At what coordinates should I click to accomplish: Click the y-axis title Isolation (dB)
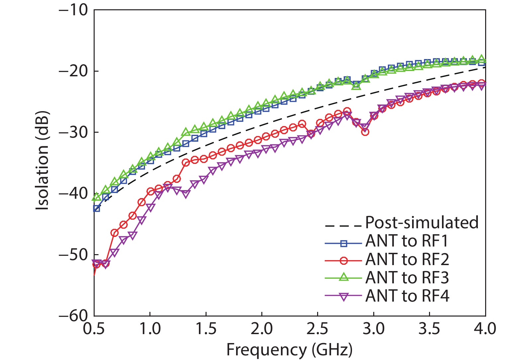42,160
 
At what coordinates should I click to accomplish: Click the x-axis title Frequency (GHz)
289,350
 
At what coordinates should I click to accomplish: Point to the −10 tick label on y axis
73,10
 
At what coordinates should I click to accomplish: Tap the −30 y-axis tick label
73,132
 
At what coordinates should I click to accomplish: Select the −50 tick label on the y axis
73,255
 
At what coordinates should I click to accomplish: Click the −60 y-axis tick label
73,316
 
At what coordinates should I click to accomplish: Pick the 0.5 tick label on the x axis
94,329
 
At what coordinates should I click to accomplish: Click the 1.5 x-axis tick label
206,329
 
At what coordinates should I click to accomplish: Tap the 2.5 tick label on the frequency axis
318,329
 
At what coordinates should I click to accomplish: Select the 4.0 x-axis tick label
485,329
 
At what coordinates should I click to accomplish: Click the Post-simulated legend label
422,223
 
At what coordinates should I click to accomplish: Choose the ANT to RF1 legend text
407,241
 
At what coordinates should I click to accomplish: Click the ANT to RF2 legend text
407,259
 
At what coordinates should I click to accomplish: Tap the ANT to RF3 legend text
407,278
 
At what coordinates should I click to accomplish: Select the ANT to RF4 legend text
407,296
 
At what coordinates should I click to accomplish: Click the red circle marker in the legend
344,261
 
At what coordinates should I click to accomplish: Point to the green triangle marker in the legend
344,277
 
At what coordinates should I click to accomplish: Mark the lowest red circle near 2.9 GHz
365,132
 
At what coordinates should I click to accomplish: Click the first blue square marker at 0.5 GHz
97,208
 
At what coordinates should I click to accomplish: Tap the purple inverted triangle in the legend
344,297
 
